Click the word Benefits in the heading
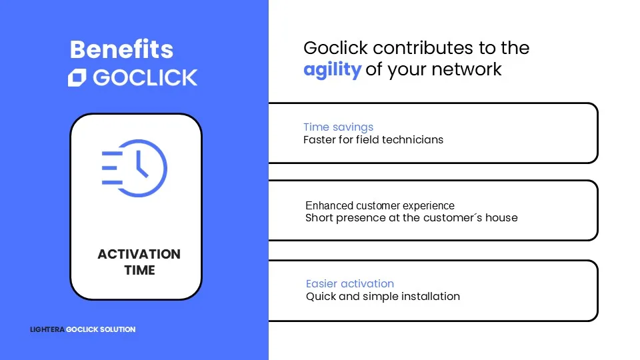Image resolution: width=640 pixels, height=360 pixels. [121, 50]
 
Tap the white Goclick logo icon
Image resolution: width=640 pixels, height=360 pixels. [77, 77]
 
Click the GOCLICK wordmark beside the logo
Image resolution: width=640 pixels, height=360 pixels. [145, 77]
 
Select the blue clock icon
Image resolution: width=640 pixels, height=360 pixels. [134, 168]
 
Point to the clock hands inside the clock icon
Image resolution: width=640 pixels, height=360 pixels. [141, 164]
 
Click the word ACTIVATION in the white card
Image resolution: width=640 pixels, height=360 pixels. [139, 254]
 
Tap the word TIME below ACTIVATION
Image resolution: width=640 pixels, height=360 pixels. [139, 270]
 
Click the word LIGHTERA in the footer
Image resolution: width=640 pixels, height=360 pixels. [47, 329]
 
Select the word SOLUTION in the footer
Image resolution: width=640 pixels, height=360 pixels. [117, 329]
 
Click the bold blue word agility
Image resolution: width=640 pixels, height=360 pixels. [332, 70]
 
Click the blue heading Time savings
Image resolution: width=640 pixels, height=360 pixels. [339, 127]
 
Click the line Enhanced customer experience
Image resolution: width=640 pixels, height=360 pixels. [380, 205]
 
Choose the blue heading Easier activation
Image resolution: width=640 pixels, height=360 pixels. [350, 284]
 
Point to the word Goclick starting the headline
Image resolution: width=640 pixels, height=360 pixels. [335, 48]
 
